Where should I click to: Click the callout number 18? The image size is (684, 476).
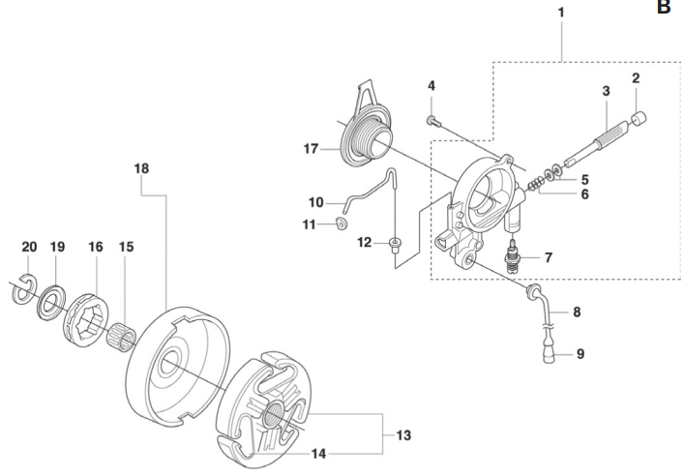click(x=142, y=168)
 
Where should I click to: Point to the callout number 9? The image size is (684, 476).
click(x=580, y=354)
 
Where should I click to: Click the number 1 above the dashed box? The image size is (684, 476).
click(x=562, y=15)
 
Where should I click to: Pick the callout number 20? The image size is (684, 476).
click(x=28, y=247)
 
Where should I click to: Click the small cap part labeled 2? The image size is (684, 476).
click(x=638, y=119)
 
